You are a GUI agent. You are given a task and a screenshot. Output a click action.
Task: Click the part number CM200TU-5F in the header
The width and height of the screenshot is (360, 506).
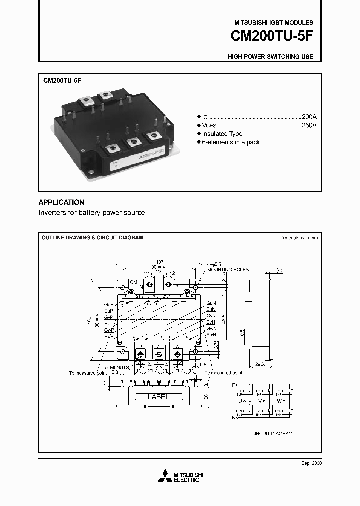click(272, 37)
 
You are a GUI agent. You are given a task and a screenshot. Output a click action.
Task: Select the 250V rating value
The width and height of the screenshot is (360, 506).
click(309, 125)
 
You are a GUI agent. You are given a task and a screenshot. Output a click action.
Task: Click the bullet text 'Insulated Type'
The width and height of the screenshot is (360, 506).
click(222, 134)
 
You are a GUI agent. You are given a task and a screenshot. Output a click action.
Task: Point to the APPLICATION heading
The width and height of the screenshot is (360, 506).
click(61, 202)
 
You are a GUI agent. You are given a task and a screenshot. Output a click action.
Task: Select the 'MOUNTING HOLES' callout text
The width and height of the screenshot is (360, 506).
click(228, 269)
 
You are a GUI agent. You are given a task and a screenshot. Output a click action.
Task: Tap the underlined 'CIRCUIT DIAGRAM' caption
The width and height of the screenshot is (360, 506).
click(272, 434)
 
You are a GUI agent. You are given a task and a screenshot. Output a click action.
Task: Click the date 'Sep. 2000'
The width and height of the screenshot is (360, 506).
click(312, 463)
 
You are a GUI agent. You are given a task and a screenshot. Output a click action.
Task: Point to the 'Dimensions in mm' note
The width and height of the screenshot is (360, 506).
click(299, 238)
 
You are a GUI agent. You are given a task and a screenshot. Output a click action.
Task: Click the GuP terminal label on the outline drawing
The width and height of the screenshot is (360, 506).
click(108, 304)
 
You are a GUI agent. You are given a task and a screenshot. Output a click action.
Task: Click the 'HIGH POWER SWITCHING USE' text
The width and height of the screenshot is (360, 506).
click(270, 57)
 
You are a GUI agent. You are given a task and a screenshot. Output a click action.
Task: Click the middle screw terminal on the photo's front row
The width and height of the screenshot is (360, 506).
click(133, 142)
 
